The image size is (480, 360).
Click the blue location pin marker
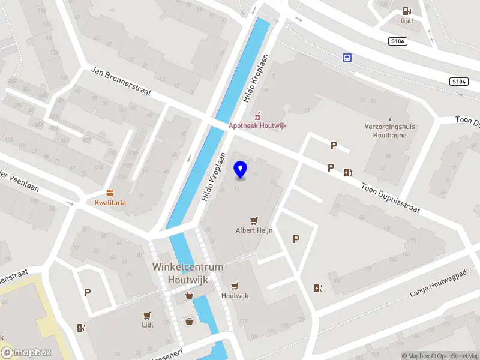pos(241,170)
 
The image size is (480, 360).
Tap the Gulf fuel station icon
pos(407,11)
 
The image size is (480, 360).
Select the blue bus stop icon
pos(347,58)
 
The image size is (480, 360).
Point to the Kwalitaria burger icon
pos(110,193)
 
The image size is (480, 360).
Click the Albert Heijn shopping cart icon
pos(254,221)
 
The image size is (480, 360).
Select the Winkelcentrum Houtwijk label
pos(188,272)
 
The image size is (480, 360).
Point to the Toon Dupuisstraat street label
pos(390,198)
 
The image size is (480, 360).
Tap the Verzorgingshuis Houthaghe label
pos(390,131)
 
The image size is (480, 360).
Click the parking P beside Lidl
pos(88,293)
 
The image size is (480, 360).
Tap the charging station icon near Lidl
pos(81,328)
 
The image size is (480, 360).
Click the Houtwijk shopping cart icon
pos(235,286)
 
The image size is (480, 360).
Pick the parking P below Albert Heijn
pos(296,239)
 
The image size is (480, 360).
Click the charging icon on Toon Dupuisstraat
pos(347,173)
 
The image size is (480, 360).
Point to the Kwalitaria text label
pos(110,203)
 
